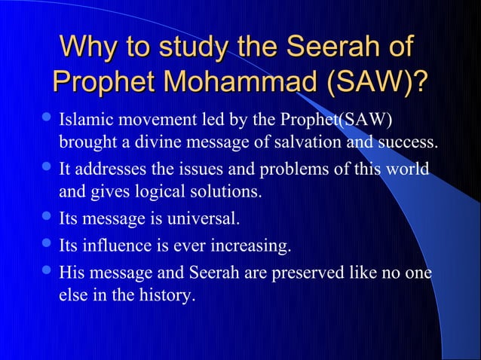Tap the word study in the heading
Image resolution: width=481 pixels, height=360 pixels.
pos(187,47)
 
